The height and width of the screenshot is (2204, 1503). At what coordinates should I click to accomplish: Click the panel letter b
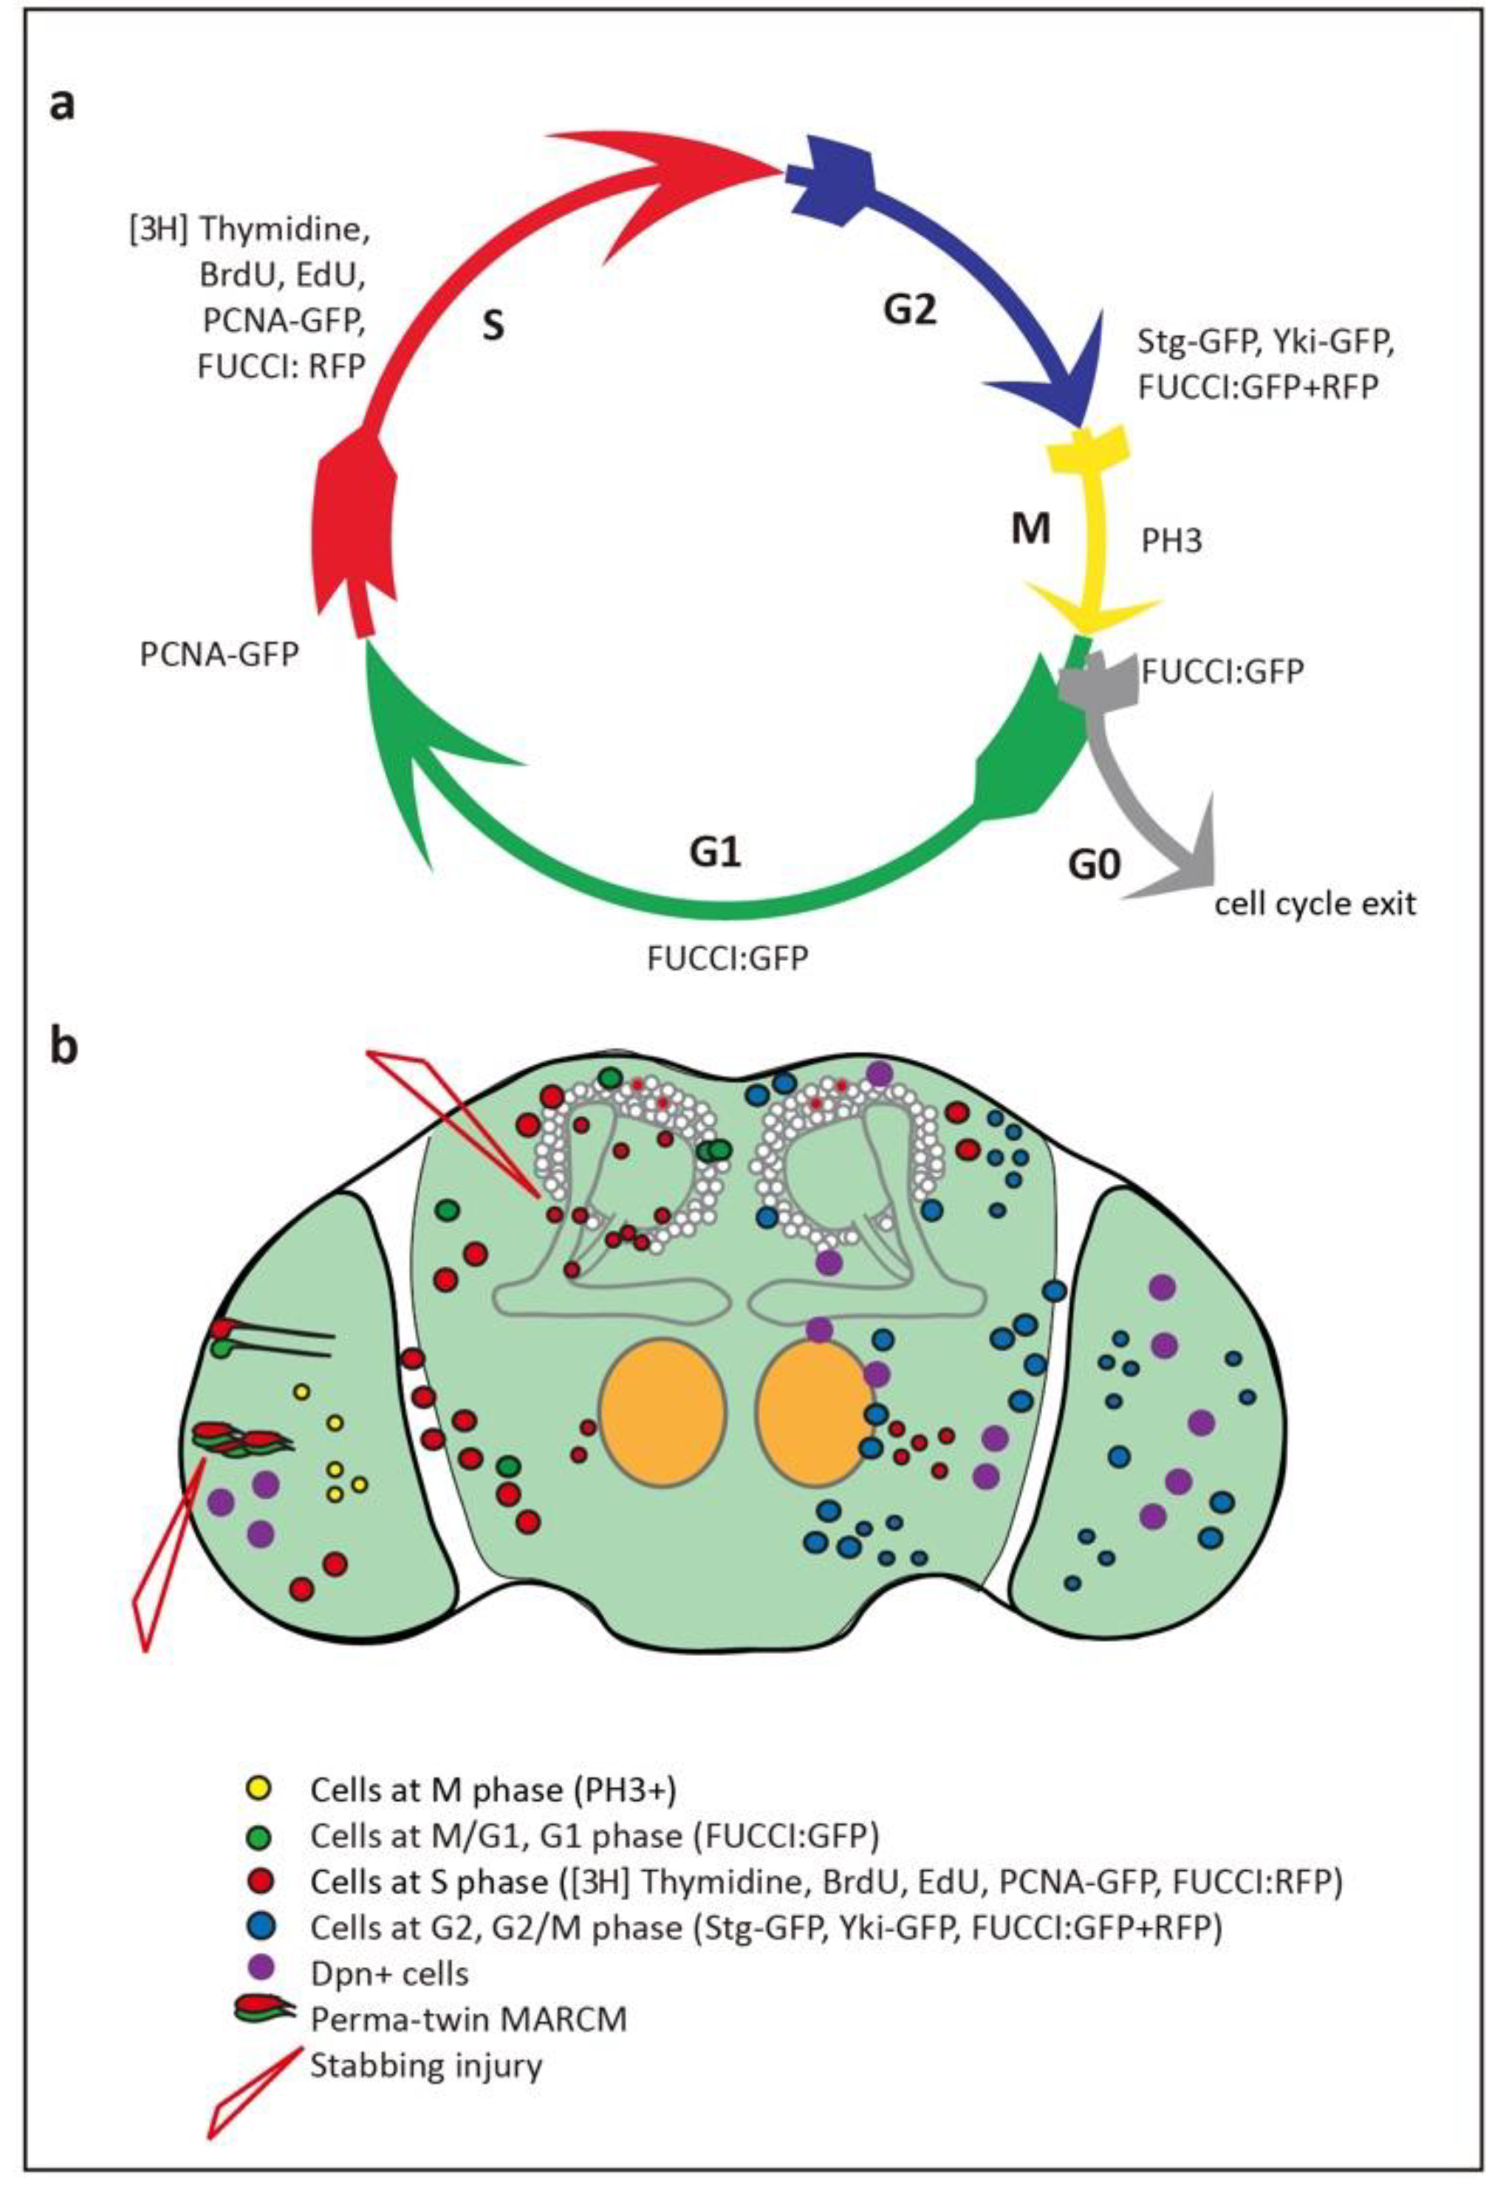[64, 1051]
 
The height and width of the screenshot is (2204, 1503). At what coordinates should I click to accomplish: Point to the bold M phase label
[1031, 530]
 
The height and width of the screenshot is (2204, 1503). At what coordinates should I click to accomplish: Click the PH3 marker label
[1172, 542]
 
